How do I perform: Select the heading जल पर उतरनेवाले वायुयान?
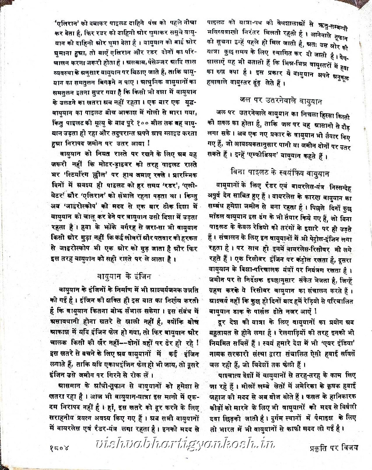click(281, 101)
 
